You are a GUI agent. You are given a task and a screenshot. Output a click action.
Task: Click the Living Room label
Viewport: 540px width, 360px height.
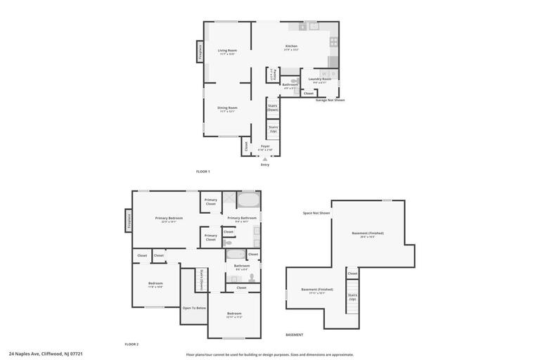(227, 51)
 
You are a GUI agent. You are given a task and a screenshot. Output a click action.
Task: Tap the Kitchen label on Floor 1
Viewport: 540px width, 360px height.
(291, 46)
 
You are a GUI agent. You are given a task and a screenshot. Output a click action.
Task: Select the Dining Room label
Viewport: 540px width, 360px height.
(228, 108)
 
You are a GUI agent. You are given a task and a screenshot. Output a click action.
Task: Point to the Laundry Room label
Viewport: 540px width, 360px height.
(320, 79)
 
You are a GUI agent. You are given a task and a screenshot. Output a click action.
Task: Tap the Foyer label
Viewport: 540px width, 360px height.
(265, 147)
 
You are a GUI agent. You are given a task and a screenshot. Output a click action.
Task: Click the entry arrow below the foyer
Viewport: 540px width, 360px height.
(265, 160)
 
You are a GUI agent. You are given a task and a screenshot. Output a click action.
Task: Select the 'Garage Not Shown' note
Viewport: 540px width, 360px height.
(330, 100)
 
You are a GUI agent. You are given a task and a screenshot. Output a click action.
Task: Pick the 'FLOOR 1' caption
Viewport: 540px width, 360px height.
(202, 172)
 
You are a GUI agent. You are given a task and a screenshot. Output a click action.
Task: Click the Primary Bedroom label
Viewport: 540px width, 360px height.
(169, 219)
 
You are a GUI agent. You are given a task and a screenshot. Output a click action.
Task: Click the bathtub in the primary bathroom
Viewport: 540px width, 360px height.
(248, 200)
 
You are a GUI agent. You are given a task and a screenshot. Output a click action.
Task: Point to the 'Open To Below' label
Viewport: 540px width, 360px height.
(194, 308)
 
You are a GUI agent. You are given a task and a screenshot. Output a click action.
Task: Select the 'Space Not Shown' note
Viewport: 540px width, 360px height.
(316, 213)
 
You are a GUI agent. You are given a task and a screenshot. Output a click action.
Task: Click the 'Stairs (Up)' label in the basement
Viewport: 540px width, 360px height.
(352, 297)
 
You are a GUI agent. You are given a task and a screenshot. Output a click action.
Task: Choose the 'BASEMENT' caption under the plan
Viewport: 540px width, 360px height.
(294, 335)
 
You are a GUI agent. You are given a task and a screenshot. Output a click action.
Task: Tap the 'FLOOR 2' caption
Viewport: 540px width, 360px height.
(131, 344)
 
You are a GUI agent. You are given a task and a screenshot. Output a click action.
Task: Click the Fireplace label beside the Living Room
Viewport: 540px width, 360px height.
(200, 51)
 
